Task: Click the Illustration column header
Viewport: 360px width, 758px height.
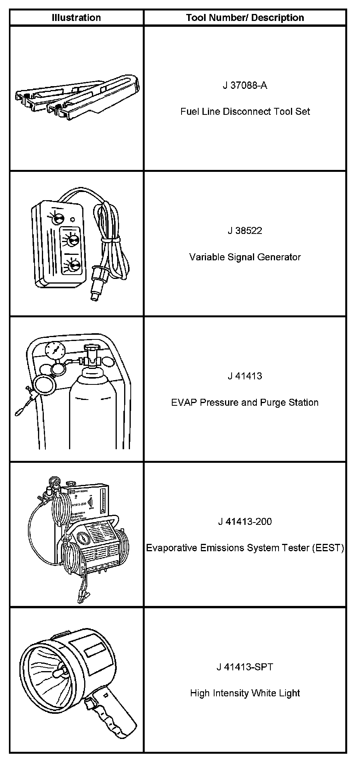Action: [x=76, y=17]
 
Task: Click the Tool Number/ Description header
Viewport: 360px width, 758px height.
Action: [x=245, y=17]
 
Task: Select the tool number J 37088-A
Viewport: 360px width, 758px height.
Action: [x=245, y=85]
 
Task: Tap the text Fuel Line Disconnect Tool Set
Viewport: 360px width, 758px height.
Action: [x=245, y=112]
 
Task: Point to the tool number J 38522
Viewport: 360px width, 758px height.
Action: [x=245, y=231]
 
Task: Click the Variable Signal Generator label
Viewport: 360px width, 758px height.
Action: [x=245, y=257]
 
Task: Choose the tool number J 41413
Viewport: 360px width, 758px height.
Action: [x=245, y=376]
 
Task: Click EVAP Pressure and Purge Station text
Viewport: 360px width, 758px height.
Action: [x=245, y=402]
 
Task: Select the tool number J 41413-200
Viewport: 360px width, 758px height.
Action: [x=245, y=521]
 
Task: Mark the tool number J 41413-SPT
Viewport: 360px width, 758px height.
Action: [x=245, y=667]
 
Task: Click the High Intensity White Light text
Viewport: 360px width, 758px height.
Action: [x=245, y=693]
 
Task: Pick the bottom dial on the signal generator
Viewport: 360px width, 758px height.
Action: [x=73, y=265]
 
